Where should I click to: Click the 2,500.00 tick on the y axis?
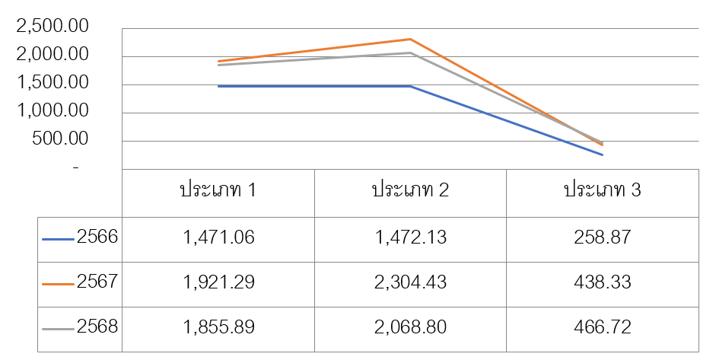(53, 26)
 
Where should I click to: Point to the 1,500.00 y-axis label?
(53, 82)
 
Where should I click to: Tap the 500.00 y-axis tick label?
(60, 139)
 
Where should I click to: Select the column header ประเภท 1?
(218, 190)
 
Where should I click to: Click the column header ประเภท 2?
(411, 190)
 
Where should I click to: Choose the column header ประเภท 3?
(603, 190)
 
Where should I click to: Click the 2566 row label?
(97, 237)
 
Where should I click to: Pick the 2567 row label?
(97, 282)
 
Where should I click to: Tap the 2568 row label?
(97, 327)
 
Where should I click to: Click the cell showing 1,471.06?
(218, 237)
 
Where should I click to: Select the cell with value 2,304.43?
(411, 282)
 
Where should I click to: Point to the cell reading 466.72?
(603, 327)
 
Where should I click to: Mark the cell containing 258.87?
(603, 237)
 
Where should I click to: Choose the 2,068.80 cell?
(411, 327)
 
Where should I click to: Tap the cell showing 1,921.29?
(218, 282)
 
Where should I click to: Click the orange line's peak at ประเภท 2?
(411, 40)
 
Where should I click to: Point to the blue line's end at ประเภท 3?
(603, 155)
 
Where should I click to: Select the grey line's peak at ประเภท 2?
(411, 53)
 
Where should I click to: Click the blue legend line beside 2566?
(58, 239)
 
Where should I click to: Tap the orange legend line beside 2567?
(58, 284)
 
